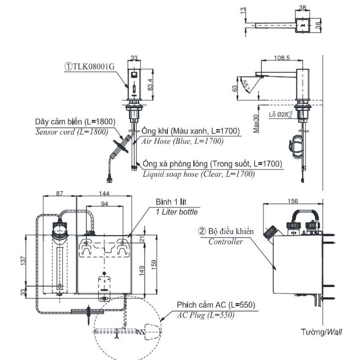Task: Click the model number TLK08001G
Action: [x=93, y=67]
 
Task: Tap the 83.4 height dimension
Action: [x=150, y=85]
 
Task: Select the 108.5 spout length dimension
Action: [x=282, y=58]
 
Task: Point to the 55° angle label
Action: [x=245, y=85]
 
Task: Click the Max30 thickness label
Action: [x=256, y=123]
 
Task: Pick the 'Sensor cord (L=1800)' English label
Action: [x=72, y=132]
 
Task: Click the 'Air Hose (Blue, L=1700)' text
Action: [x=182, y=141]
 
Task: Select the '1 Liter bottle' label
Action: [x=176, y=212]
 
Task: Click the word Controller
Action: [x=225, y=242]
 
